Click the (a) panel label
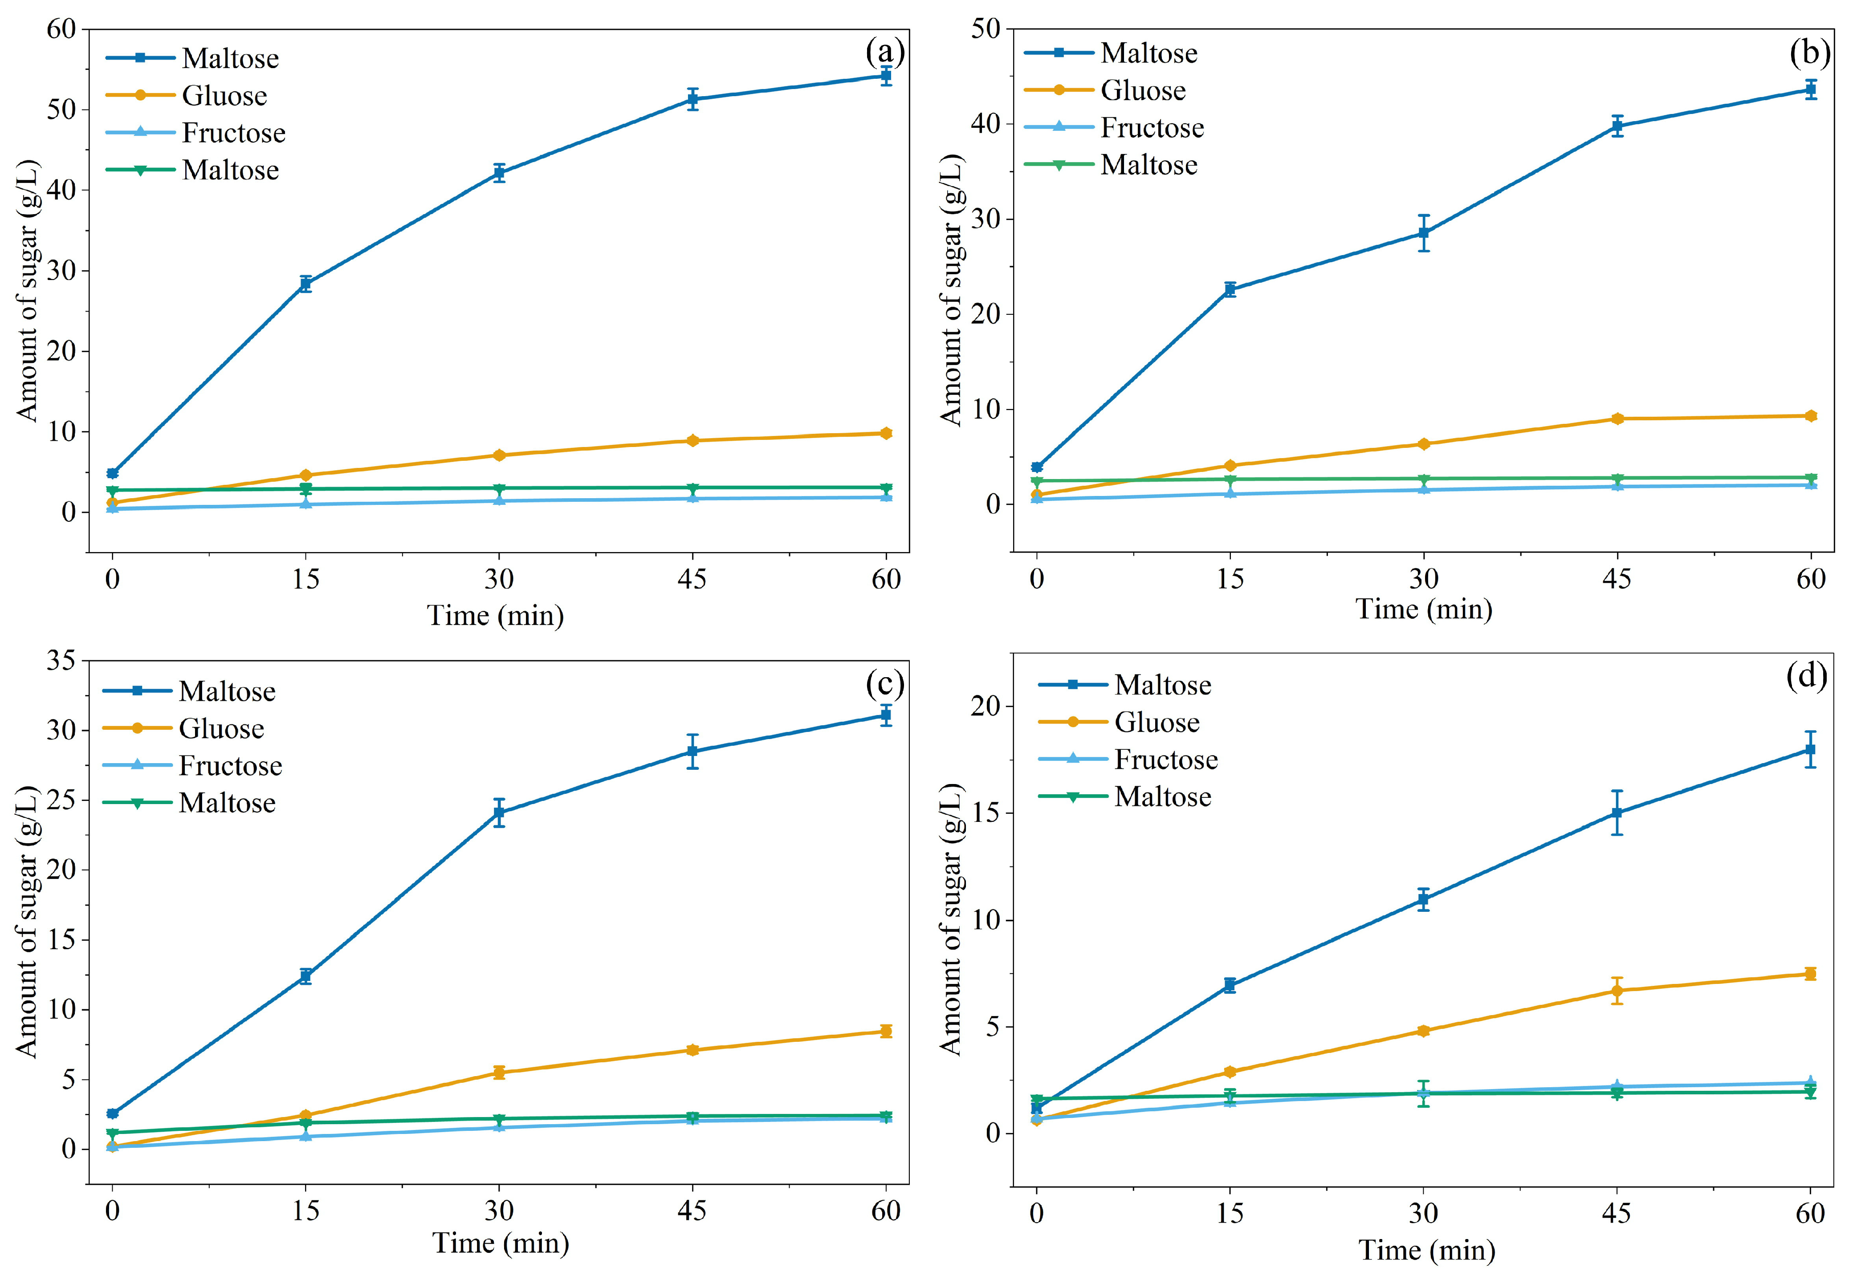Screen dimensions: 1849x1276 click(884, 53)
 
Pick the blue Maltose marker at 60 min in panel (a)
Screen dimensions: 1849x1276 click(885, 76)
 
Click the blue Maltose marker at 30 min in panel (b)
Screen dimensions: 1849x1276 click(1424, 233)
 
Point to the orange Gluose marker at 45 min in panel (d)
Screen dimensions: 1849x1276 click(1617, 991)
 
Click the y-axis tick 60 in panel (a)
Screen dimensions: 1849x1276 click(61, 29)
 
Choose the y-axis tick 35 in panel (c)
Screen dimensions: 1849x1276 click(61, 660)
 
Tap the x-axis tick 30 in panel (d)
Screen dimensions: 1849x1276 click(1424, 1214)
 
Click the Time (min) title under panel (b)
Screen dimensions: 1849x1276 click(1424, 609)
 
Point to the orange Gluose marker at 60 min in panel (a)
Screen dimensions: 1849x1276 click(885, 433)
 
